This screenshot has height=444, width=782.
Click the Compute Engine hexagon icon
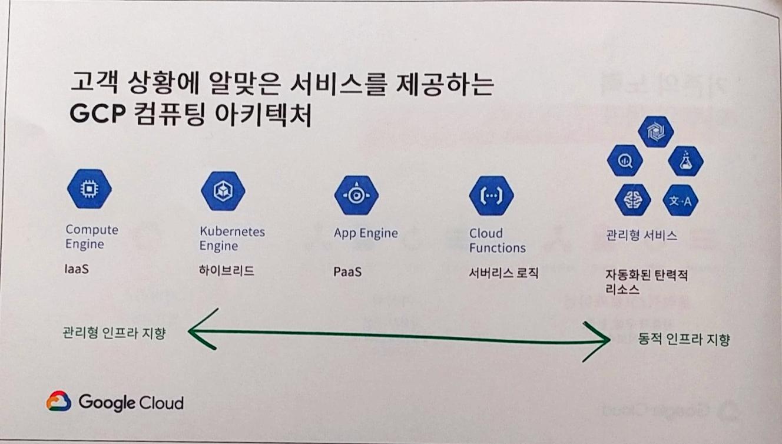[x=90, y=189]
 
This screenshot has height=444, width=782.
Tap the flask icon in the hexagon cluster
[x=685, y=161]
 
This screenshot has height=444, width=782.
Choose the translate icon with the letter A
[x=681, y=202]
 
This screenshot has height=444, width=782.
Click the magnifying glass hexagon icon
[x=625, y=160]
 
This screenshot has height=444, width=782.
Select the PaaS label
[x=347, y=273]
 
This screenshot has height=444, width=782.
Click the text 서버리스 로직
[x=503, y=273]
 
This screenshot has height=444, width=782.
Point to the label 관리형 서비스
[x=641, y=236]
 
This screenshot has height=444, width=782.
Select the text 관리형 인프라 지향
[x=114, y=333]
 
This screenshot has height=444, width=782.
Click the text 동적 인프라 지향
[x=684, y=340]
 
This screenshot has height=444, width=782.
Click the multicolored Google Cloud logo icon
[x=58, y=402]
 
